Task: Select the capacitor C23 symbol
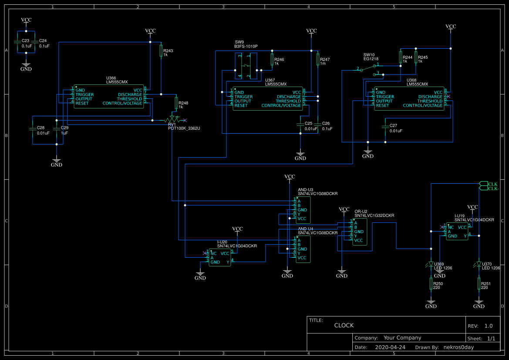[17, 42]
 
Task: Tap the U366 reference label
[111, 78]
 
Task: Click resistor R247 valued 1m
[318, 61]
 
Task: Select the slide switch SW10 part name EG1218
[371, 59]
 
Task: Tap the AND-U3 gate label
[305, 190]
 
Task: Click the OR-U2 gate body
[360, 232]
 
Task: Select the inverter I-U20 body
[220, 258]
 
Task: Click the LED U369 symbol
[431, 264]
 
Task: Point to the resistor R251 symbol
[479, 284]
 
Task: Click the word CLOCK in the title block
[344, 325]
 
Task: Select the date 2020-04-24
[390, 347]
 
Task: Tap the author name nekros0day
[458, 347]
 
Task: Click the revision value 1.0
[488, 326]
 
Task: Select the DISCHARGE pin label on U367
[289, 97]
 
